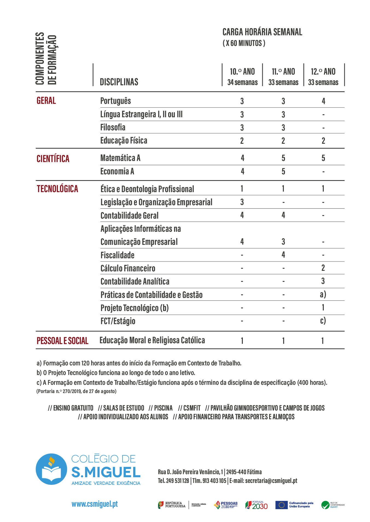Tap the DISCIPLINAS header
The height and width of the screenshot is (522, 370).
click(x=119, y=82)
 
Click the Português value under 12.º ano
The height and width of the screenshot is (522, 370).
click(x=323, y=101)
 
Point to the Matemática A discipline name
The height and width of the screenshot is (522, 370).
click(x=120, y=158)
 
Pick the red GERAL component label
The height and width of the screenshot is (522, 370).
click(x=46, y=101)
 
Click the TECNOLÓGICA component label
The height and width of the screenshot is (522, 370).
click(x=57, y=189)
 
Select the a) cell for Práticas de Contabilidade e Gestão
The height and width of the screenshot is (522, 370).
click(x=323, y=294)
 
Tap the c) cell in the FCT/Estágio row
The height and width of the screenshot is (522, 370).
click(x=323, y=321)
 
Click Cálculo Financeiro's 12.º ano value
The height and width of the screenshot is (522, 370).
click(x=323, y=268)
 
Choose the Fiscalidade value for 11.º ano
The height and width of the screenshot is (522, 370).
click(x=283, y=255)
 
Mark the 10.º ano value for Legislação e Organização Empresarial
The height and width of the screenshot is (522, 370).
click(x=242, y=202)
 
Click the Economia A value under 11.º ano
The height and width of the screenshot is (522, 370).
click(x=283, y=171)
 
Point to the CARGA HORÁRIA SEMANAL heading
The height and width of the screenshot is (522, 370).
click(x=262, y=32)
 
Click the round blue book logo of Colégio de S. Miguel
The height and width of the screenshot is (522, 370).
click(x=51, y=469)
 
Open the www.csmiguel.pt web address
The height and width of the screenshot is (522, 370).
click(x=95, y=504)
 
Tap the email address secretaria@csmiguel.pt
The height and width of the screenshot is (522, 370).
click(x=271, y=481)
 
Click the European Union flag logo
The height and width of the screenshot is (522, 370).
click(x=281, y=505)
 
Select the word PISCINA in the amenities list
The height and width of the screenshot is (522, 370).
click(x=163, y=408)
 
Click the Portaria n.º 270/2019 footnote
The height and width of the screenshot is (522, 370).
click(x=77, y=391)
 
